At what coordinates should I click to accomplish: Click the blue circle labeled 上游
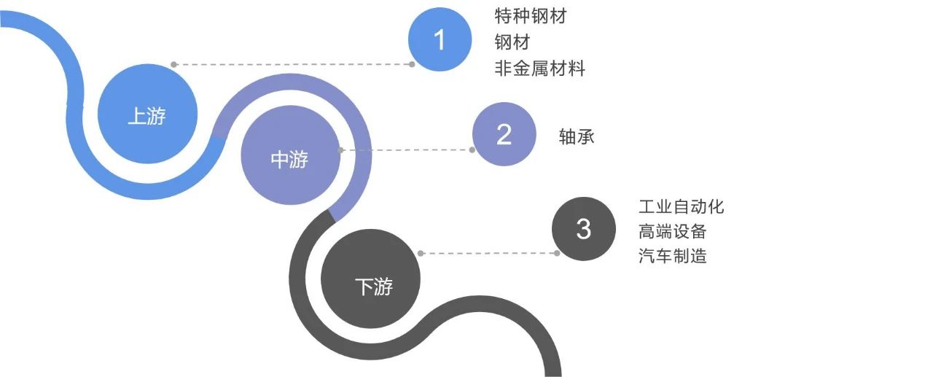147,114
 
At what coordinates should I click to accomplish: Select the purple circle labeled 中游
290,159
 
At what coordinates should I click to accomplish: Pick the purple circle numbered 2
504,134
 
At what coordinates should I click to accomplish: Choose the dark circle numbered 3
583,229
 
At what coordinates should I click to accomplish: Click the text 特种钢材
530,17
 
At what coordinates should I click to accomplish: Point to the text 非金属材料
539,69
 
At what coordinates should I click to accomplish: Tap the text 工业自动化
681,206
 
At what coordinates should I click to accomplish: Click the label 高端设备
672,231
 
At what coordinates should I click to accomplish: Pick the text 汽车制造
672,256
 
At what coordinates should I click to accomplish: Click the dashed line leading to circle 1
292,64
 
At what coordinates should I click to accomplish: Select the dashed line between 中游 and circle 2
406,150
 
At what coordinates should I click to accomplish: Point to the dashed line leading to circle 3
488,254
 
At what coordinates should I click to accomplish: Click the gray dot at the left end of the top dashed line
173,64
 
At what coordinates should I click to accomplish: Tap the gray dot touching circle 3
557,254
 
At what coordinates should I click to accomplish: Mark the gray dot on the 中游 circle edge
340,150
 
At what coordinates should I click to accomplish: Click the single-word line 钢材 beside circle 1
512,42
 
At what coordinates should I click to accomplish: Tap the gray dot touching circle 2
472,150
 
